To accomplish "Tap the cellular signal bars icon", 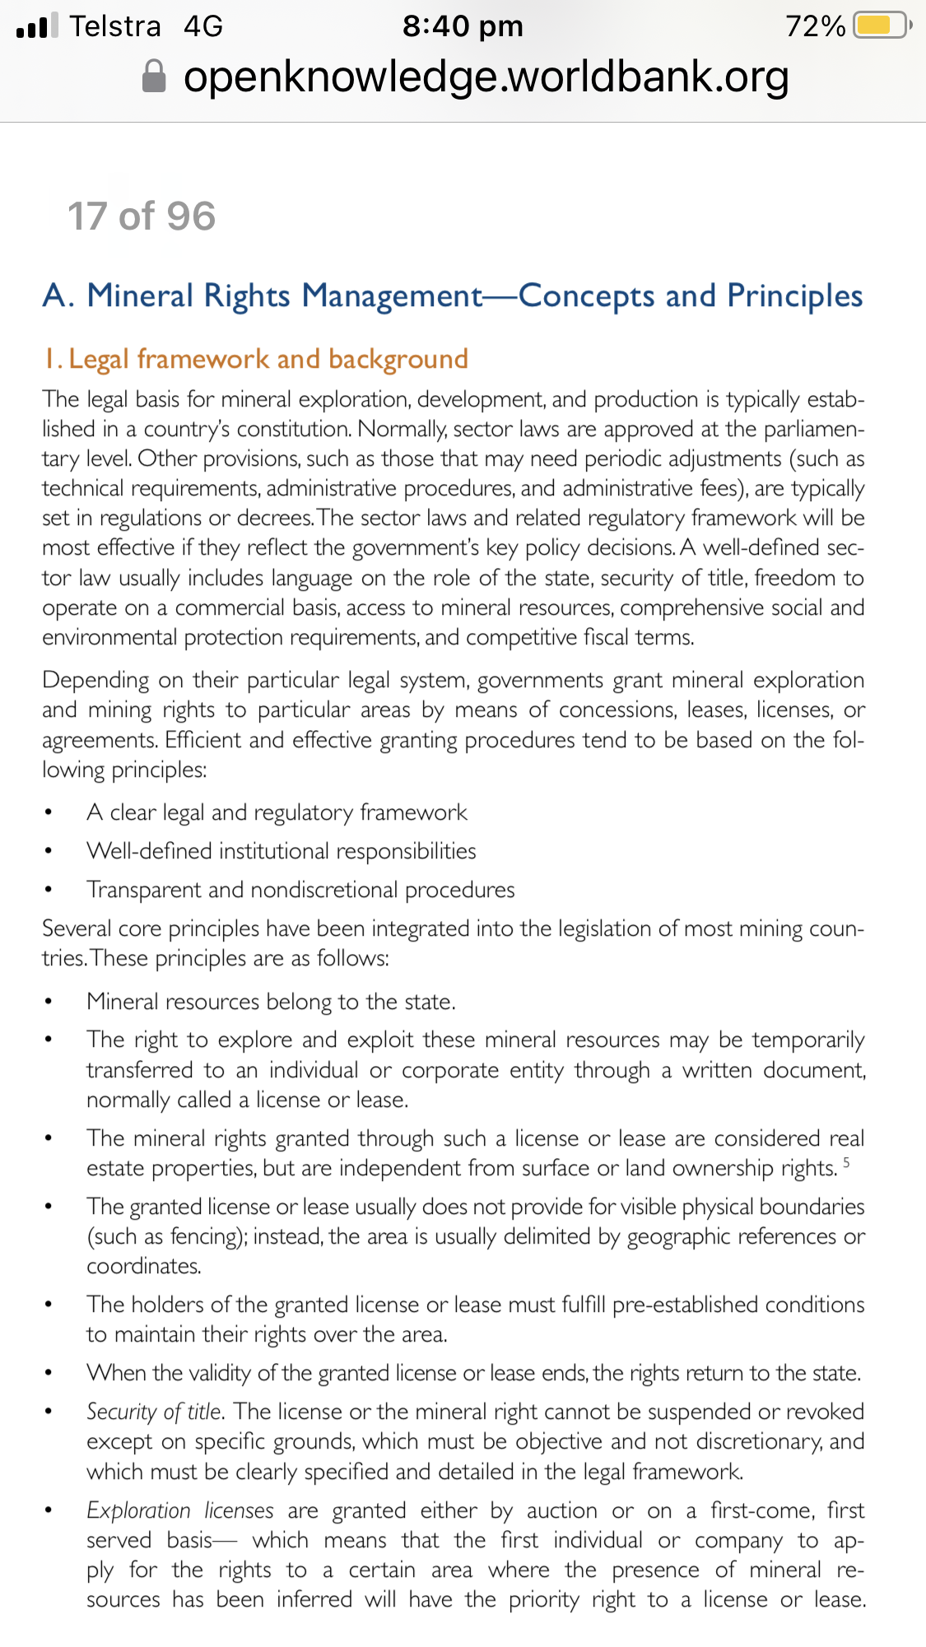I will click(x=37, y=26).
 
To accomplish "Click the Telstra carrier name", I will click(x=114, y=26).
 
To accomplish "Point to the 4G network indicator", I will click(x=203, y=26).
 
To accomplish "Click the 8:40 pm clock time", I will click(x=463, y=26).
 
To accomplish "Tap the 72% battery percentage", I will click(x=815, y=26).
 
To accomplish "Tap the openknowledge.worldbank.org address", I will click(x=486, y=77).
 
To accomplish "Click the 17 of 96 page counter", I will click(x=142, y=216).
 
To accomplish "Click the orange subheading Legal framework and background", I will click(x=256, y=359).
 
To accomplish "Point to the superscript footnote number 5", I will click(x=846, y=1162).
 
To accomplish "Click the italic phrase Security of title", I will click(x=154, y=1412).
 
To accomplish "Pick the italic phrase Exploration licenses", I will click(x=179, y=1510).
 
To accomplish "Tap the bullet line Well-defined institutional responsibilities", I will click(x=282, y=851).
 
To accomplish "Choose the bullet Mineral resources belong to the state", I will click(x=271, y=1002).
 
